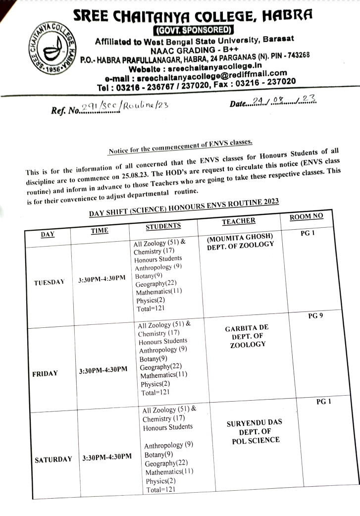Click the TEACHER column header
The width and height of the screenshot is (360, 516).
pyautogui.click(x=239, y=221)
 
